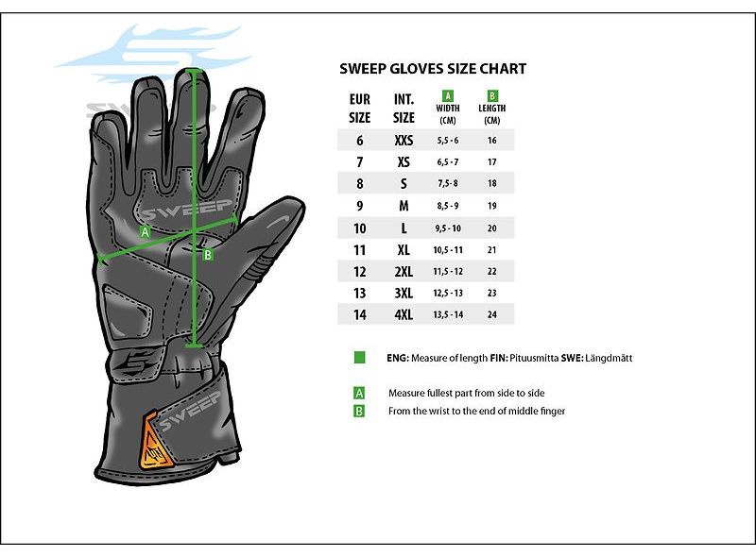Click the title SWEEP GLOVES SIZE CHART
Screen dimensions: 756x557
point(433,69)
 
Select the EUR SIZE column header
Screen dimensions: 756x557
point(360,109)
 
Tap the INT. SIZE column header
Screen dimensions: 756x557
point(404,109)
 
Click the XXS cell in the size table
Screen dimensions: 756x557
point(404,141)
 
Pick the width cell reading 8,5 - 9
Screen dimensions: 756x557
point(448,206)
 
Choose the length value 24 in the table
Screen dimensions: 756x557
point(491,314)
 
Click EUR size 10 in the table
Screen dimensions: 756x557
point(360,228)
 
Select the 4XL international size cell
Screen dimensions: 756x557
point(404,314)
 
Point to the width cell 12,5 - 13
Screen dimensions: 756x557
point(448,293)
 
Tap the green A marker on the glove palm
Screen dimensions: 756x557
point(146,231)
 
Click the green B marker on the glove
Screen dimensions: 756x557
point(208,254)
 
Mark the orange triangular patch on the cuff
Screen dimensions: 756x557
point(155,441)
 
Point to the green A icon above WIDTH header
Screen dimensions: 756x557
point(448,95)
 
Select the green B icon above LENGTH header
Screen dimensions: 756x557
point(492,95)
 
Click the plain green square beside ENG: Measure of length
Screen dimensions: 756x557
point(360,358)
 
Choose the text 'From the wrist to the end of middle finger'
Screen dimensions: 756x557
point(477,411)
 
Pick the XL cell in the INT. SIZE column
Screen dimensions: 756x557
point(404,249)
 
